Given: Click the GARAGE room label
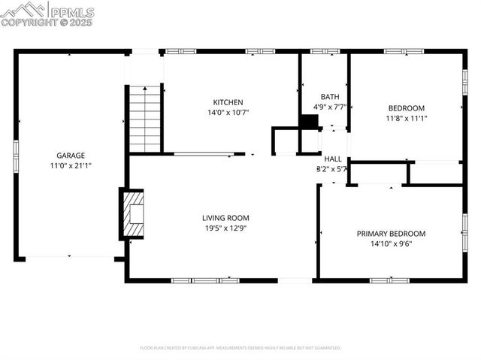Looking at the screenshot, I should (69, 156).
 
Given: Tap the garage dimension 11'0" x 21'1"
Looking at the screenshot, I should (69, 165).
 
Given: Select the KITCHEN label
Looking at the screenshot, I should (228, 102).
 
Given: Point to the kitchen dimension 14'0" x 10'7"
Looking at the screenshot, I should (228, 112).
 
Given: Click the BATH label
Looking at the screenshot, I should (329, 97).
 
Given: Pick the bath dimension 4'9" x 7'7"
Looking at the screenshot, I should (329, 107).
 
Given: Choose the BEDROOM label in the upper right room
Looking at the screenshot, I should (406, 107).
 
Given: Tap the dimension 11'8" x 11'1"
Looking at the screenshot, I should (406, 118).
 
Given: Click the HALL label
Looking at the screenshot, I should (333, 159).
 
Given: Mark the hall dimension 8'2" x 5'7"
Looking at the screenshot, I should (331, 169).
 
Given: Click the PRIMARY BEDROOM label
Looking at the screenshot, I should (391, 234).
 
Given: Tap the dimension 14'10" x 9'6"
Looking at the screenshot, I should (391, 244).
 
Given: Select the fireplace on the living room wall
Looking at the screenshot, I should (132, 214).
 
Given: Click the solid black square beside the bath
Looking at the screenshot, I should (308, 123).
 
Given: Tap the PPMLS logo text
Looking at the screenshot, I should (71, 12).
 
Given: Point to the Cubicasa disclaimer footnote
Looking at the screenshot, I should (240, 348).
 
